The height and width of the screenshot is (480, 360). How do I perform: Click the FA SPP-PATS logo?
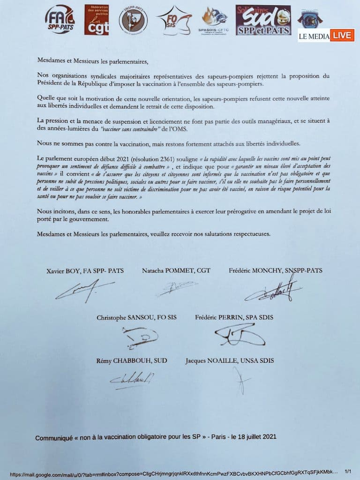pos(60,20)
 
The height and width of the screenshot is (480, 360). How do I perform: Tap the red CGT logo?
pos(97,20)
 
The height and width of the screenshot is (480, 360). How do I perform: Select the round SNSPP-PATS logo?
pos(133,21)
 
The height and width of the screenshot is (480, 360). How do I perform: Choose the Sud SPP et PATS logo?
pos(263,20)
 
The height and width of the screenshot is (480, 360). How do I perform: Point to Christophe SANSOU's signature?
pos(139,337)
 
